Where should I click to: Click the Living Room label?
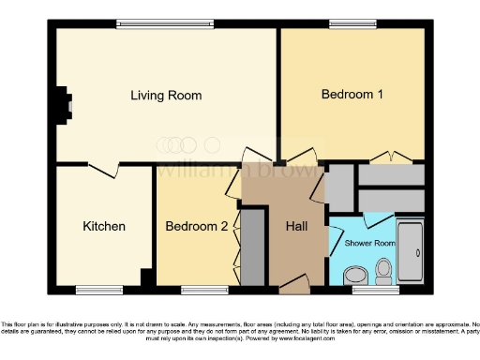(x=166, y=96)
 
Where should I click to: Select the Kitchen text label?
(x=104, y=226)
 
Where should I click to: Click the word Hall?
(x=296, y=226)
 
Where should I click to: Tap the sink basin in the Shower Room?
(x=354, y=274)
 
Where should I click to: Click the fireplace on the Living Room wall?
(x=63, y=104)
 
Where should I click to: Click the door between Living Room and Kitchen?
(x=106, y=170)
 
